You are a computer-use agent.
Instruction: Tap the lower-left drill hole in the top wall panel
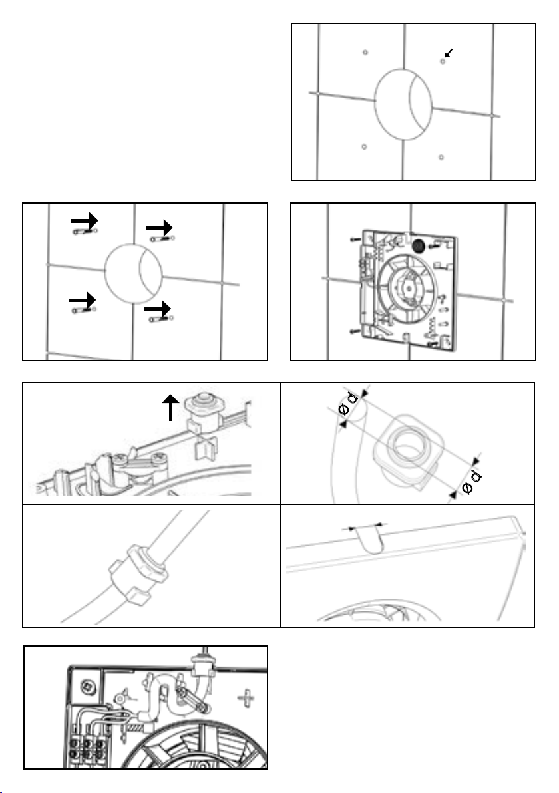coord(364,146)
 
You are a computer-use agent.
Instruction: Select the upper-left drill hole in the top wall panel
coord(365,52)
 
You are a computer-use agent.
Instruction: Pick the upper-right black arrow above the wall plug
coord(160,228)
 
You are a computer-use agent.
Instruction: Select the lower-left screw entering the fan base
coord(352,329)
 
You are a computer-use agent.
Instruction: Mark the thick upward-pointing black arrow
coord(171,407)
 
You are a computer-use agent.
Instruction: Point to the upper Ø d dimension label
coord(348,406)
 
